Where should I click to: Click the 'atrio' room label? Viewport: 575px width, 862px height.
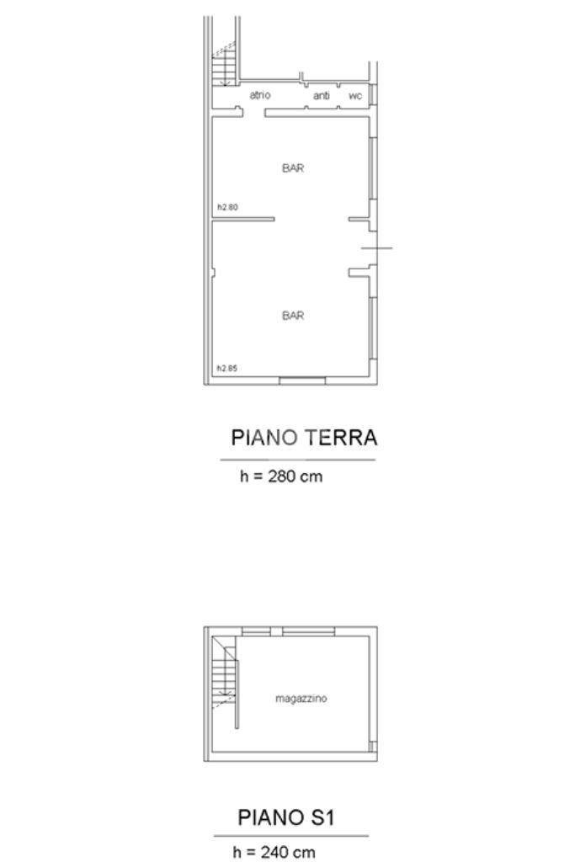click(260, 95)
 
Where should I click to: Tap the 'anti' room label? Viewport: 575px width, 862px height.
click(322, 96)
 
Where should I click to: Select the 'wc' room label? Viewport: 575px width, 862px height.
click(355, 96)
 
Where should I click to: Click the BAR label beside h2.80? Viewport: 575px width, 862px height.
click(293, 168)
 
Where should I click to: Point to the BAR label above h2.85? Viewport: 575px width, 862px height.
click(293, 315)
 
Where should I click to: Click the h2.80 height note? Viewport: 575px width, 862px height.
click(227, 207)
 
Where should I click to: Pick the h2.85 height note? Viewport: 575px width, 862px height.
click(227, 369)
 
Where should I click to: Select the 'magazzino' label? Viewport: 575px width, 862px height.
click(301, 698)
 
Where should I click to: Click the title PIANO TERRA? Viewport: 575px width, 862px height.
click(304, 438)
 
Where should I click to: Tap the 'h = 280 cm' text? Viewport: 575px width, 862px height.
click(281, 476)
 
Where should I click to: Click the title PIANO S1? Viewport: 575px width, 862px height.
click(286, 817)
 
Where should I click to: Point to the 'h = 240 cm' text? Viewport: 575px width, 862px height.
click(274, 852)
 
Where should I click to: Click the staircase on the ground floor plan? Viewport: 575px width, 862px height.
click(224, 65)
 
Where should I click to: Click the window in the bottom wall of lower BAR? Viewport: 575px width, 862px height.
click(302, 380)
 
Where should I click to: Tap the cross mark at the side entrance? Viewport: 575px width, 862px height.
click(376, 248)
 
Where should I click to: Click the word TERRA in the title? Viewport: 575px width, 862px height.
click(341, 438)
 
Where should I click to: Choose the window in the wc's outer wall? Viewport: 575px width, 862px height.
click(372, 94)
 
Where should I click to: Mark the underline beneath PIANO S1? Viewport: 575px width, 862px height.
click(291, 836)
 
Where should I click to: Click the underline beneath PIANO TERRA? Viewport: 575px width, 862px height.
click(298, 460)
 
